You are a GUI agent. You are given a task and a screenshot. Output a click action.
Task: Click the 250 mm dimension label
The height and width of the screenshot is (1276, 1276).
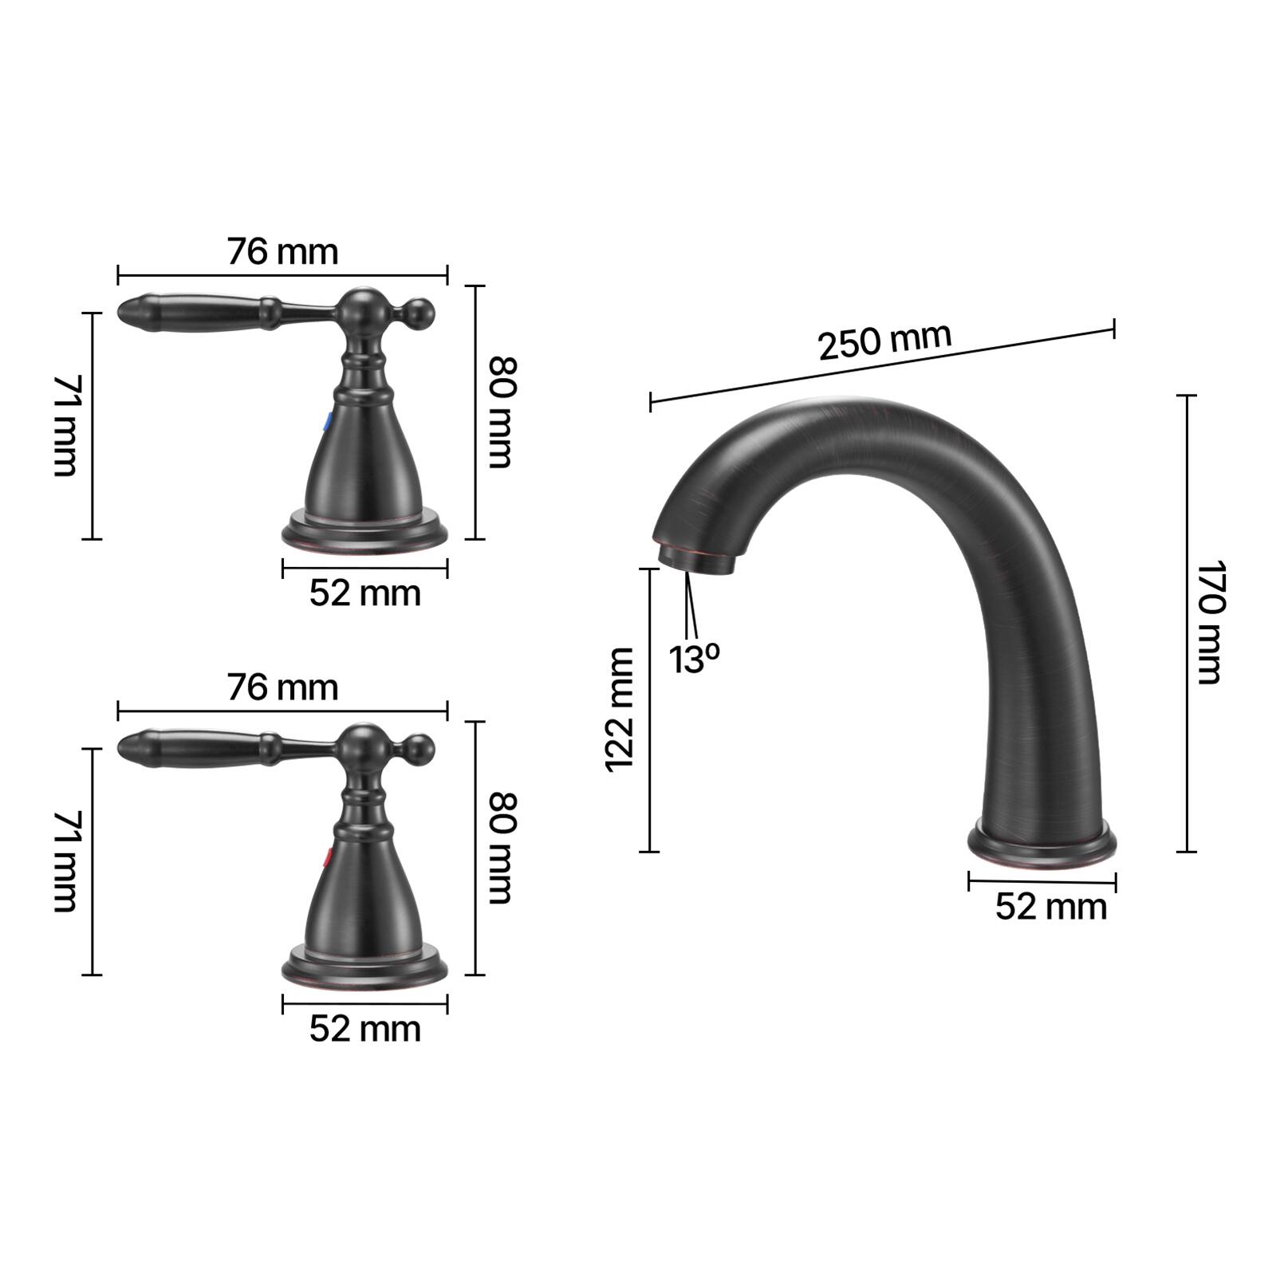coord(884,341)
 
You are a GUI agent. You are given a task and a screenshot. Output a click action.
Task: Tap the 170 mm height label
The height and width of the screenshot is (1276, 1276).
coord(1209,622)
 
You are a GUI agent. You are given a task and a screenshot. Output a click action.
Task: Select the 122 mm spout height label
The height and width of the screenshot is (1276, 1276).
coord(620,709)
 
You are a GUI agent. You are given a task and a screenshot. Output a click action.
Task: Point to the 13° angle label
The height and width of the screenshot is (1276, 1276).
coord(694,659)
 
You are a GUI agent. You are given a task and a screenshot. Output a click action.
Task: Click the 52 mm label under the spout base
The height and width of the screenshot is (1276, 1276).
coord(1051,907)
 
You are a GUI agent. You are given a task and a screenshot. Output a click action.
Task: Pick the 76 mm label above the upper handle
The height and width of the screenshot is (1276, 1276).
coord(283,251)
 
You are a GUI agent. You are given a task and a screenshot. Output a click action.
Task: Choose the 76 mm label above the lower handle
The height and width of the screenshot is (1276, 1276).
coord(283,687)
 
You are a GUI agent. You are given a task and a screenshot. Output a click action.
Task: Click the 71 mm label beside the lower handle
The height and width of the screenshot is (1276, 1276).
coord(65,861)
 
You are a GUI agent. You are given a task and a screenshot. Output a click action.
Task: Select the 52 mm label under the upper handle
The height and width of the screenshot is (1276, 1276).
coord(364,593)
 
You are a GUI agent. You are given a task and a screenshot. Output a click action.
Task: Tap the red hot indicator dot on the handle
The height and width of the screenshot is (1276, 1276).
coord(325,857)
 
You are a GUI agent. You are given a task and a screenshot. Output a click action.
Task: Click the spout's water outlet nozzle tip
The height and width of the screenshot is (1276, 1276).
coord(695,558)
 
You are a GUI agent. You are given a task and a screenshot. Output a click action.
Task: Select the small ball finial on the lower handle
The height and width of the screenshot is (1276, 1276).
coord(420,748)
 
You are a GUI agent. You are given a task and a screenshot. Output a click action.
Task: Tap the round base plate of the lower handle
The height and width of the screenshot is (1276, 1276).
coord(364,966)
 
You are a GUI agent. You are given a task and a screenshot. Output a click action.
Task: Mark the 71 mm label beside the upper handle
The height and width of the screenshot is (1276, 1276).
coord(65,425)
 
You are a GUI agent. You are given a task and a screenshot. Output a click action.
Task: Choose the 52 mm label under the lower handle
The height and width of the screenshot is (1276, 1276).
coord(364,1029)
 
